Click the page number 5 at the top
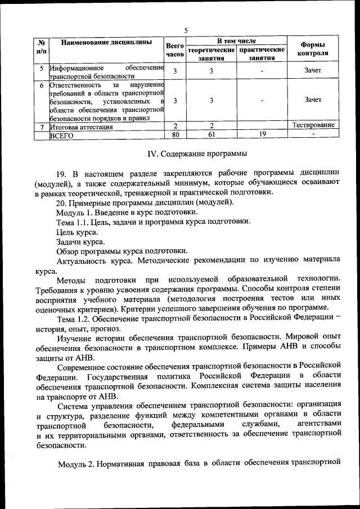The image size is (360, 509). point(186,30)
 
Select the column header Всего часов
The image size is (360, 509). point(175,49)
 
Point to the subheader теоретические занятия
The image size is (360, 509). point(210,54)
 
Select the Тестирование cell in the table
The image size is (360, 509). point(313,125)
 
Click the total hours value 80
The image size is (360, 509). point(175,134)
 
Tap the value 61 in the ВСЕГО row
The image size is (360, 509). point(211,134)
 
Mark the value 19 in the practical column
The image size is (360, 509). point(262,134)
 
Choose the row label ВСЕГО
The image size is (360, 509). point(62,135)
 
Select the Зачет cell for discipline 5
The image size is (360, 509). point(313,70)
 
